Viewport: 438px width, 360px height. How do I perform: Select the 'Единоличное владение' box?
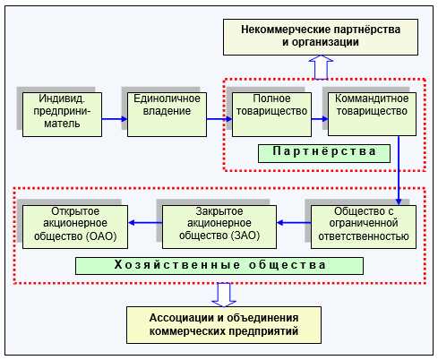161,111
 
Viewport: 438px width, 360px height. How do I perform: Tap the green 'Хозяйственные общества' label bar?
219,266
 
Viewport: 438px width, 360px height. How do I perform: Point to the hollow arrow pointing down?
223,293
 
